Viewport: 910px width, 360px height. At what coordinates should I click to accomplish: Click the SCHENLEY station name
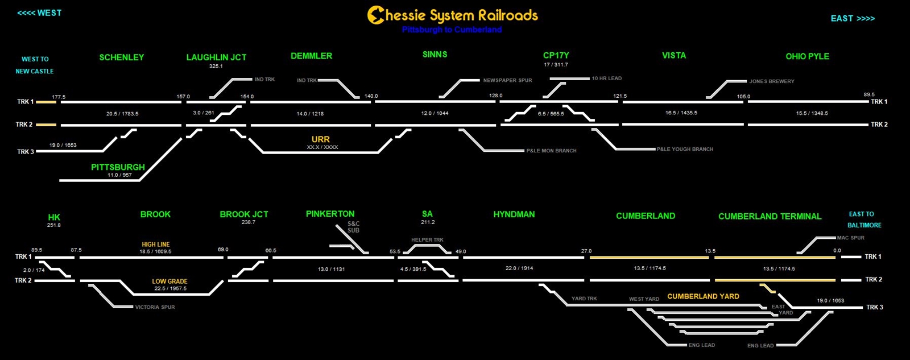click(121, 57)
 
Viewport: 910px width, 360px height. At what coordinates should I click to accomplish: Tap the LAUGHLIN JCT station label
click(216, 57)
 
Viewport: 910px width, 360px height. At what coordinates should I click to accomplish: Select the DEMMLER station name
click(311, 56)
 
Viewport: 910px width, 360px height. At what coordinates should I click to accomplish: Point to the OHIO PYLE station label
click(807, 56)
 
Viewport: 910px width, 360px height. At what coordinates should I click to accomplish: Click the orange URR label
click(320, 139)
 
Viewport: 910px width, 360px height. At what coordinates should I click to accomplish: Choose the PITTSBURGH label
click(118, 167)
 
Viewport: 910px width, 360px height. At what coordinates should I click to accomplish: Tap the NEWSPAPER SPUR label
click(507, 81)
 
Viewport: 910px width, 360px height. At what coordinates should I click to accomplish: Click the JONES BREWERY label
click(771, 81)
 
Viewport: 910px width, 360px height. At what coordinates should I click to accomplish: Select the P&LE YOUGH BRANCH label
click(685, 150)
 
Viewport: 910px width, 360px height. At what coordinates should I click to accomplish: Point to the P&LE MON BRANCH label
click(551, 151)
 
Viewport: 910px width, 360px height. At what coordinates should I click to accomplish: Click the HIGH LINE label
click(155, 245)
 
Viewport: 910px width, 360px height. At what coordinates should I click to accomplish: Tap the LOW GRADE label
click(169, 282)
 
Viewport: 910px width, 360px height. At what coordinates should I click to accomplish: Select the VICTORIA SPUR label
click(155, 307)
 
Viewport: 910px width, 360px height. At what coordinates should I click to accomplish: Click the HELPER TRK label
click(427, 240)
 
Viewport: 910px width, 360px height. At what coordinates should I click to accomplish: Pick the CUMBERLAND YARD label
click(703, 296)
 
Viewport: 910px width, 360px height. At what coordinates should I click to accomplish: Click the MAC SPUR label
click(850, 238)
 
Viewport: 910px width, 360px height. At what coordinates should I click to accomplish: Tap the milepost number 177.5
click(59, 97)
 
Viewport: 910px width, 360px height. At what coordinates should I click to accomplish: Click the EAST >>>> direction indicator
click(853, 19)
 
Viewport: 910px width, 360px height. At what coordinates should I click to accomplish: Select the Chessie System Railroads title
click(453, 15)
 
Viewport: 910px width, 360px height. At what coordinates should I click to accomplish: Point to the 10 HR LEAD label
click(606, 78)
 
